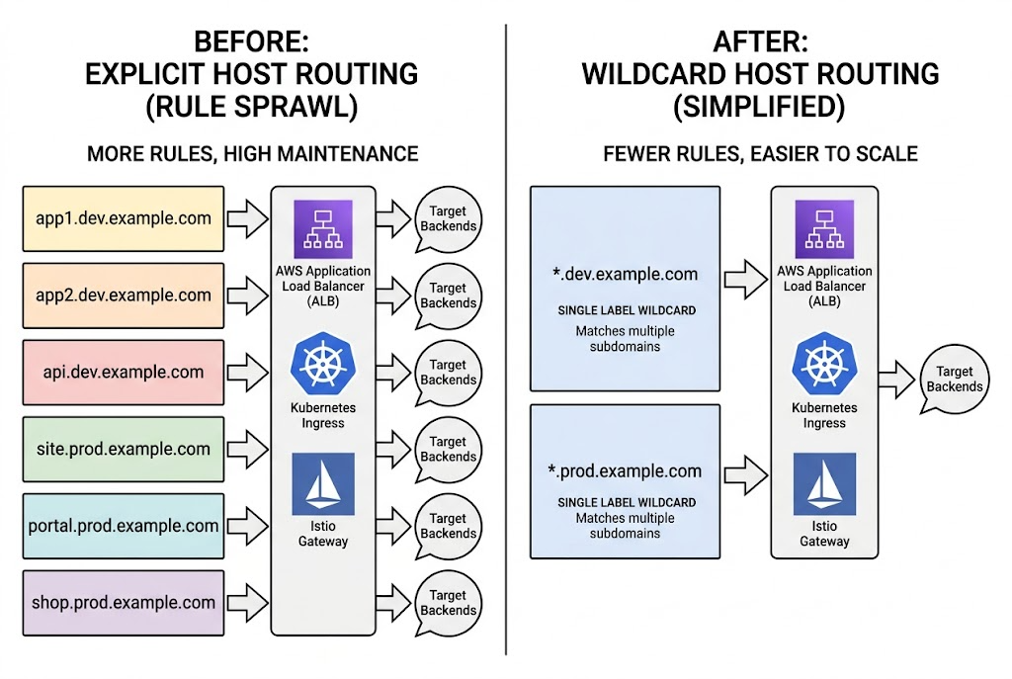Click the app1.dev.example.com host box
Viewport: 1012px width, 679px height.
124,218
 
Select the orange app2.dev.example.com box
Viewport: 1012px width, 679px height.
124,296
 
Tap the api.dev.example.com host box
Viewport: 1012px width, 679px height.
124,373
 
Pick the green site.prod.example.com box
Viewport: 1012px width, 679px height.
124,449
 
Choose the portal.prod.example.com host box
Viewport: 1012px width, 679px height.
124,526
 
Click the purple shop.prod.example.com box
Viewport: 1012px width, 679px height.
124,602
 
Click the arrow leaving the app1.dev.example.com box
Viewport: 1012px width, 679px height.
247,218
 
